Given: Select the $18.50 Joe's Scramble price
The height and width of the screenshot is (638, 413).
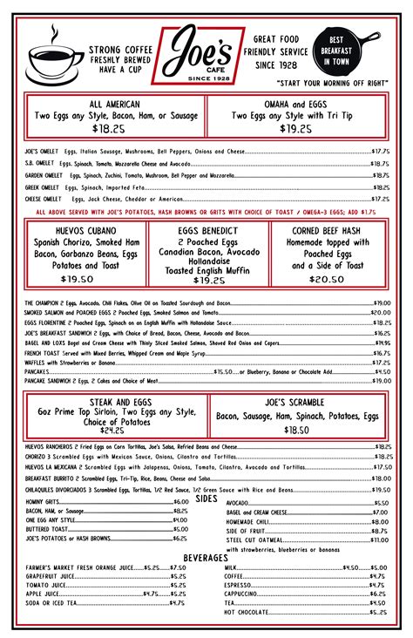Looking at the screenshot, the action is [296, 430].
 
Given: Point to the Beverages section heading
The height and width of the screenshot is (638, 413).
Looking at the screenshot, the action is [206, 558].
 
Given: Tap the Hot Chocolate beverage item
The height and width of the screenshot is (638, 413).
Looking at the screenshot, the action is [247, 613].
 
